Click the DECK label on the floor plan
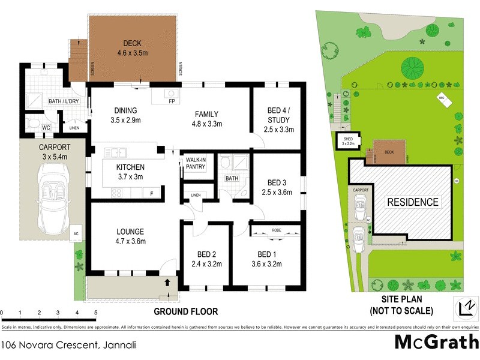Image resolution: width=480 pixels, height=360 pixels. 131,43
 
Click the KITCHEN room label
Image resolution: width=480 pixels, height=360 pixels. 130,167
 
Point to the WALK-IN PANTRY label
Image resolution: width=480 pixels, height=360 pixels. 196,164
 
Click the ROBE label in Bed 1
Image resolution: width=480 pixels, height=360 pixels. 277,230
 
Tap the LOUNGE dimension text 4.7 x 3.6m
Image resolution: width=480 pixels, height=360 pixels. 131,241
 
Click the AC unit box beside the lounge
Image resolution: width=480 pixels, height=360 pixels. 76,233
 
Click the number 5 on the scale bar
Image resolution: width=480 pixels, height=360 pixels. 95,313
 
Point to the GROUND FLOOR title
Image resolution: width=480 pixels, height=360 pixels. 185,311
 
